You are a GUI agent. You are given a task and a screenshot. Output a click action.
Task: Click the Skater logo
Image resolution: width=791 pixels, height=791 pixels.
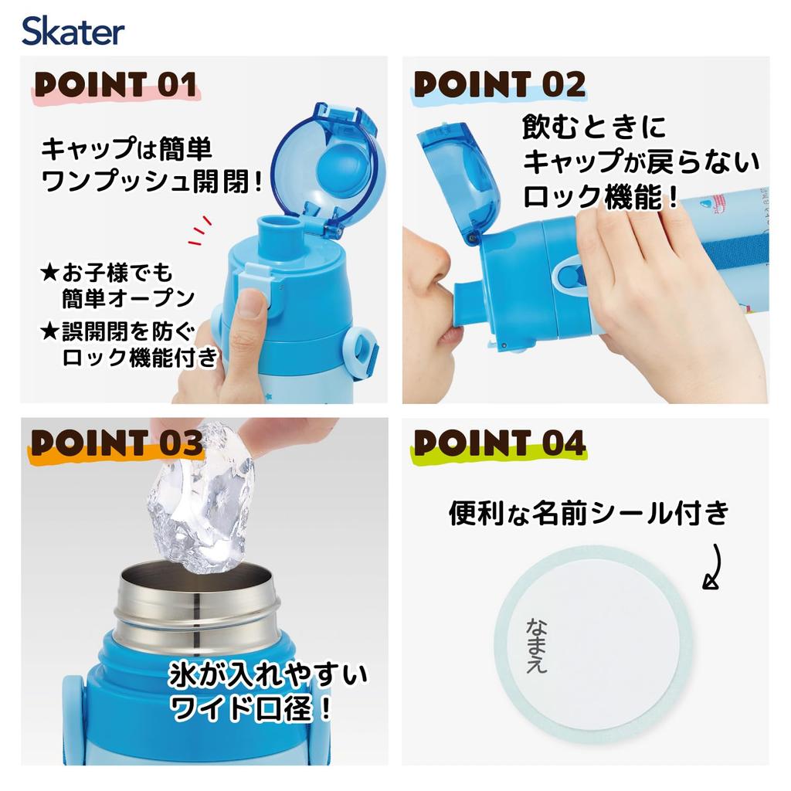click(x=73, y=32)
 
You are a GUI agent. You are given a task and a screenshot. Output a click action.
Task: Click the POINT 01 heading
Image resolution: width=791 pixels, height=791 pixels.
click(x=114, y=85)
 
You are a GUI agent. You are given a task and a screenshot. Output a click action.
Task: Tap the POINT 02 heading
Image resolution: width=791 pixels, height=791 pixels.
click(x=499, y=85)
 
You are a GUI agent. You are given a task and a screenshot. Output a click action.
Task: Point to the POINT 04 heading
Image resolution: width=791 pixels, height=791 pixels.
click(x=499, y=443)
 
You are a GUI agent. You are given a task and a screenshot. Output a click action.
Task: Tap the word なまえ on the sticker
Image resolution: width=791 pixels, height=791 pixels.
click(x=536, y=646)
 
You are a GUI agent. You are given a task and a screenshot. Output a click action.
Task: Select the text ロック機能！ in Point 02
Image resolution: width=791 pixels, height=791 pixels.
click(x=602, y=197)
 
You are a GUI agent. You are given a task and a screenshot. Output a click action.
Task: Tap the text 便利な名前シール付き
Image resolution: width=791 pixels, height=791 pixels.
click(x=589, y=513)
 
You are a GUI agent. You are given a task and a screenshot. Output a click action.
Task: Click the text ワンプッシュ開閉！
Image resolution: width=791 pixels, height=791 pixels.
click(x=151, y=183)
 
